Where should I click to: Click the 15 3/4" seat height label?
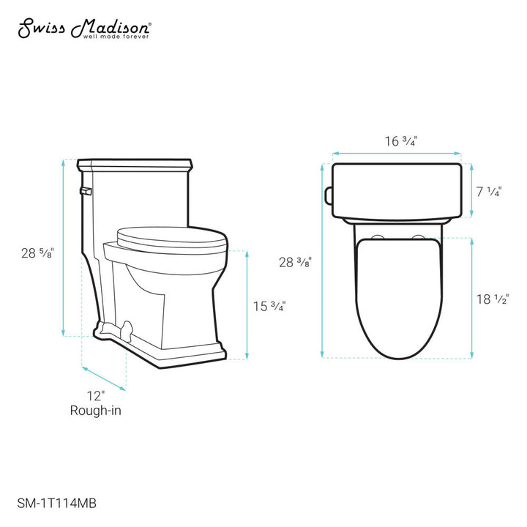tap(269, 306)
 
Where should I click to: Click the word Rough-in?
tap(95, 411)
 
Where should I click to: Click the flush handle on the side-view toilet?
tap(83, 191)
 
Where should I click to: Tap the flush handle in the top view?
tap(329, 194)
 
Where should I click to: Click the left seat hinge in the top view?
tap(378, 236)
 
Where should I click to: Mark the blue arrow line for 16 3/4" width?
tap(397, 154)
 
